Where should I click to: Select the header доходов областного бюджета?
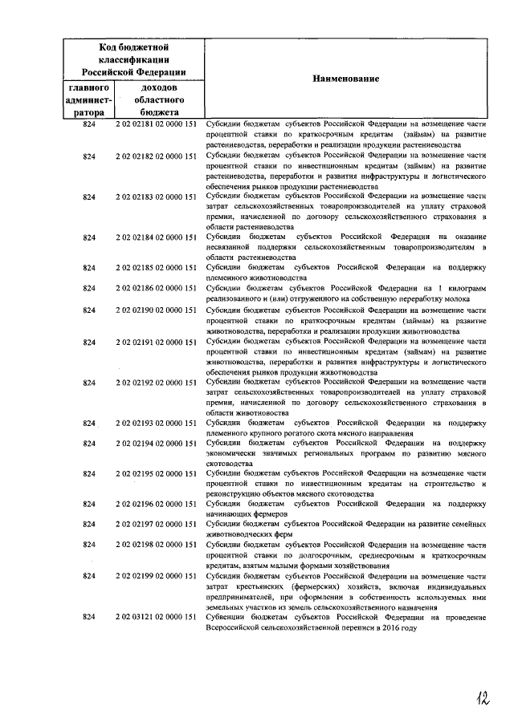coord(157,100)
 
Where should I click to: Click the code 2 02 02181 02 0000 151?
coord(157,126)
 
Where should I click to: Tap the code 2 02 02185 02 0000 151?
coord(157,266)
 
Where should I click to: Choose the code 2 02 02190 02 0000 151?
coord(157,309)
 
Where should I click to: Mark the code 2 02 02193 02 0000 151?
coord(157,423)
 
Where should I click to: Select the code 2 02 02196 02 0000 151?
coord(157,504)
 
